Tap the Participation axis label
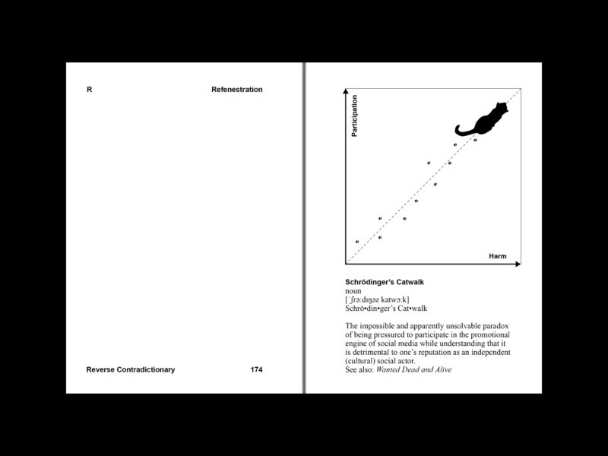click(354, 116)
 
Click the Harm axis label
click(497, 256)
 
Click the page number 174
click(256, 370)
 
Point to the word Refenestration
click(237, 90)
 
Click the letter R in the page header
click(90, 90)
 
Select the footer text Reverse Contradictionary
click(131, 370)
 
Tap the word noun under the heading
click(353, 291)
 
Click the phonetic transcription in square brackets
click(377, 299)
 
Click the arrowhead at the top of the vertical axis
click(347, 92)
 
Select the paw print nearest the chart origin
click(357, 242)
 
